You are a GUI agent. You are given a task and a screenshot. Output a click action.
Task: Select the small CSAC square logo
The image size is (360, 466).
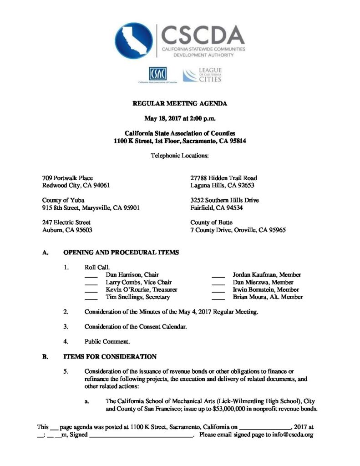tap(157, 73)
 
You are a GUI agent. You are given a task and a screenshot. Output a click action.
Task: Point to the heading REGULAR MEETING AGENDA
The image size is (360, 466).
tap(180, 104)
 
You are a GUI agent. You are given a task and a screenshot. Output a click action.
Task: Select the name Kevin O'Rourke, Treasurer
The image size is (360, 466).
tap(142, 289)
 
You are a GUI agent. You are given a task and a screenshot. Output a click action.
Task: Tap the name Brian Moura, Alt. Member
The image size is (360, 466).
tap(268, 297)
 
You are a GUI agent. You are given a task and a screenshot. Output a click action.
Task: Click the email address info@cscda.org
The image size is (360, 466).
tap(290, 435)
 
